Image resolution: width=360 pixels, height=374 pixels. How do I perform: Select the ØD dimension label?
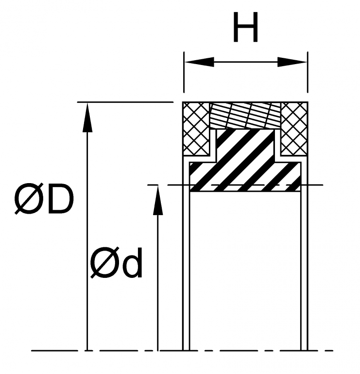pos(44,200)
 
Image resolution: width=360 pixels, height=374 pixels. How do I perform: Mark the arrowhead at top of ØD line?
pos(87,117)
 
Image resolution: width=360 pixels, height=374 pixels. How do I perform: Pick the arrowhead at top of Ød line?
pos(158,200)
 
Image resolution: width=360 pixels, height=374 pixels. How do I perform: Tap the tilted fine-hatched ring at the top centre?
pos(246,116)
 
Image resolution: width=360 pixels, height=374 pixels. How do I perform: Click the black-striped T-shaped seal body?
pos(245,160)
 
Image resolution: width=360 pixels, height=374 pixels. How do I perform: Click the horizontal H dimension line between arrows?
pos(245,62)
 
